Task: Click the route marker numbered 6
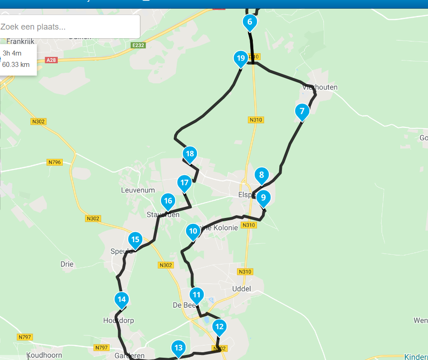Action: tap(250, 21)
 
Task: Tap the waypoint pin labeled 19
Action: tap(241, 58)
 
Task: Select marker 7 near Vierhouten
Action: tap(301, 111)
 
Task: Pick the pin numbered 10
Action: tap(193, 231)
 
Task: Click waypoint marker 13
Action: tap(178, 348)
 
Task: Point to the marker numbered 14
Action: tap(121, 299)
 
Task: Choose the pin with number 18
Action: tap(190, 154)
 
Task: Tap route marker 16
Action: tap(168, 201)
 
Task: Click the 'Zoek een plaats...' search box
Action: tap(70, 27)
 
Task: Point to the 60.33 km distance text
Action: tap(16, 65)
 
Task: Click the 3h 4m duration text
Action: tap(12, 53)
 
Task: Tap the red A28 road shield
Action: tap(51, 60)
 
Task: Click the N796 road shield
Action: tap(55, 162)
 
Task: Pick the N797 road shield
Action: tap(25, 337)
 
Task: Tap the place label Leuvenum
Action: tap(138, 190)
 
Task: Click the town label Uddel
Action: tap(242, 289)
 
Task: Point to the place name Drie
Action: tap(67, 264)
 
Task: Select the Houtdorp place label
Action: tap(119, 320)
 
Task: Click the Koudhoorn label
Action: tap(44, 355)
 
